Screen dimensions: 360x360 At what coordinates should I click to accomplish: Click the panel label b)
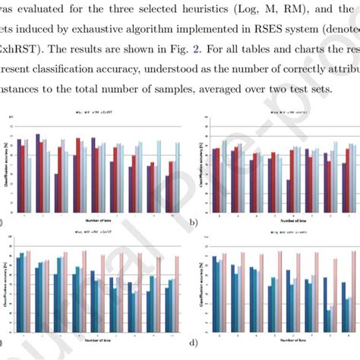pos(194,223)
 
